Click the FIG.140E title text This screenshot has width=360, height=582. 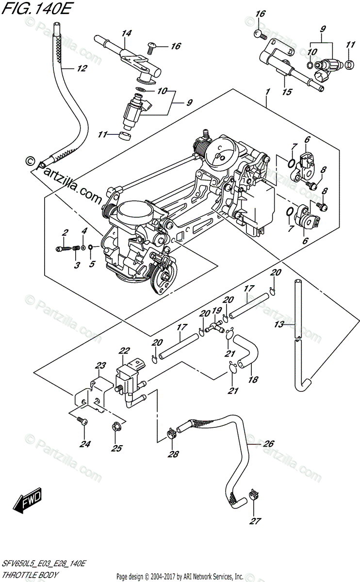pyautogui.click(x=36, y=9)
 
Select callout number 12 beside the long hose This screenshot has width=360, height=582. pyautogui.click(x=82, y=68)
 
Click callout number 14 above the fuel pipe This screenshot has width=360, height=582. pyautogui.click(x=127, y=33)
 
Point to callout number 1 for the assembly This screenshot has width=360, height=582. pyautogui.click(x=268, y=92)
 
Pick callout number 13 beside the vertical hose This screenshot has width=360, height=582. pyautogui.click(x=279, y=324)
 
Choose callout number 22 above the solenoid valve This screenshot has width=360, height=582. pyautogui.click(x=124, y=351)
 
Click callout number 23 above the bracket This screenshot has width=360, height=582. pyautogui.click(x=100, y=366)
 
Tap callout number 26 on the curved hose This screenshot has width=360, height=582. pyautogui.click(x=268, y=443)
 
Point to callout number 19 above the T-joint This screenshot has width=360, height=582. pyautogui.click(x=217, y=310)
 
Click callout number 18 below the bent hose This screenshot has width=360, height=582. pyautogui.click(x=253, y=380)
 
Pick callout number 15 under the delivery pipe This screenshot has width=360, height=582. pyautogui.click(x=287, y=92)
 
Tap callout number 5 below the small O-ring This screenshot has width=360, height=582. pyautogui.click(x=92, y=264)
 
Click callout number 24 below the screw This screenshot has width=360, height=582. pyautogui.click(x=85, y=444)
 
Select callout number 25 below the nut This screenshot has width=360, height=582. pyautogui.click(x=117, y=448)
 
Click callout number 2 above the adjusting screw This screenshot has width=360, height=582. pyautogui.click(x=65, y=232)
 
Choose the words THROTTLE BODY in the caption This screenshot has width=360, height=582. pyautogui.click(x=30, y=574)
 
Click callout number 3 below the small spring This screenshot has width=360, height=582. pyautogui.click(x=77, y=265)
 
